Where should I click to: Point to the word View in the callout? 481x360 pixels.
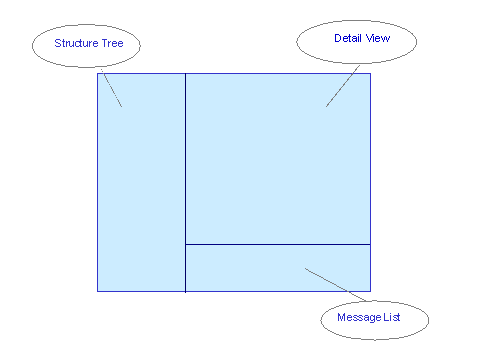(x=378, y=38)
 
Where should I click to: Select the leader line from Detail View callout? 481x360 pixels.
(x=343, y=87)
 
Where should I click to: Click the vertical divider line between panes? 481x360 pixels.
(x=185, y=160)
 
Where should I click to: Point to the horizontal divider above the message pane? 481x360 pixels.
(x=277, y=244)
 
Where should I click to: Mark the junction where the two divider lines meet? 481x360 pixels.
(x=185, y=244)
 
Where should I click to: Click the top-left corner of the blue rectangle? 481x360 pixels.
(x=97, y=73)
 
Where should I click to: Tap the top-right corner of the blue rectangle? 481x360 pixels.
(x=370, y=73)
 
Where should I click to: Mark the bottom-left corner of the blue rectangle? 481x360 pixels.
(x=97, y=291)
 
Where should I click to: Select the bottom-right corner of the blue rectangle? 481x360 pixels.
(x=370, y=291)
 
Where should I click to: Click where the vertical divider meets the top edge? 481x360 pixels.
(x=185, y=73)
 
